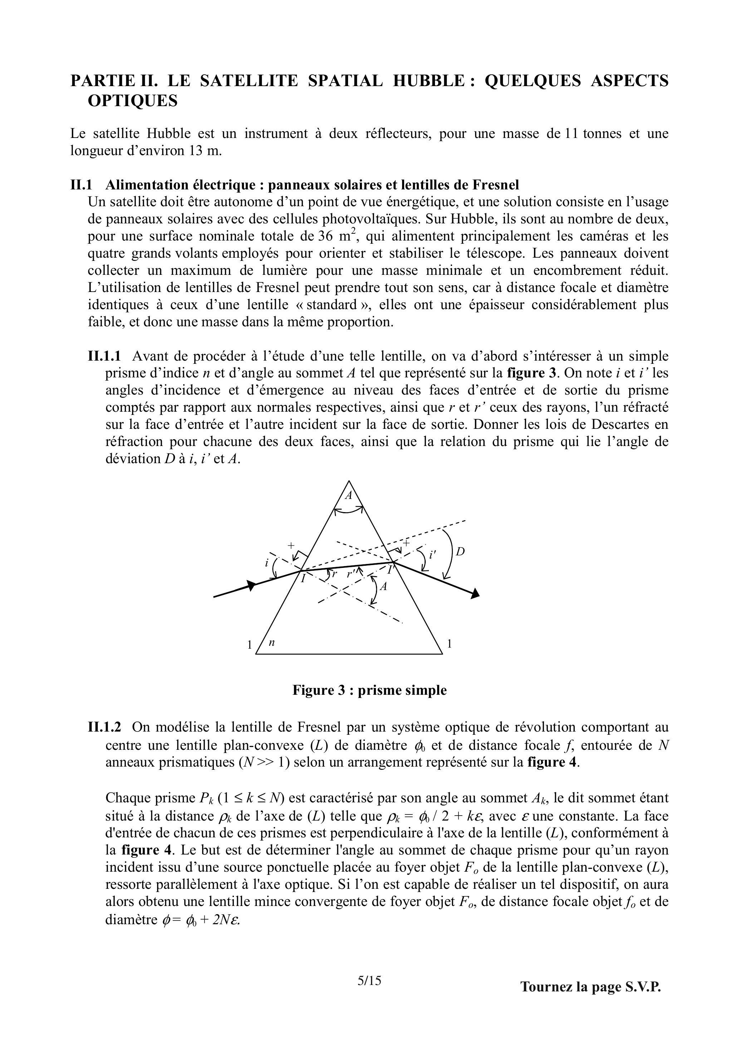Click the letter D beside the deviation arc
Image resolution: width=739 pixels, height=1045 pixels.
(x=460, y=552)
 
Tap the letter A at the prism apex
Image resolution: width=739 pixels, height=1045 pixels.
(x=349, y=496)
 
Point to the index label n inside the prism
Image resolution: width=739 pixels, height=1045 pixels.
(x=271, y=643)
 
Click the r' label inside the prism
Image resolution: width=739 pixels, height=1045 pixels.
(x=351, y=574)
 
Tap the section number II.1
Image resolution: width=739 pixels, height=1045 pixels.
(x=81, y=185)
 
